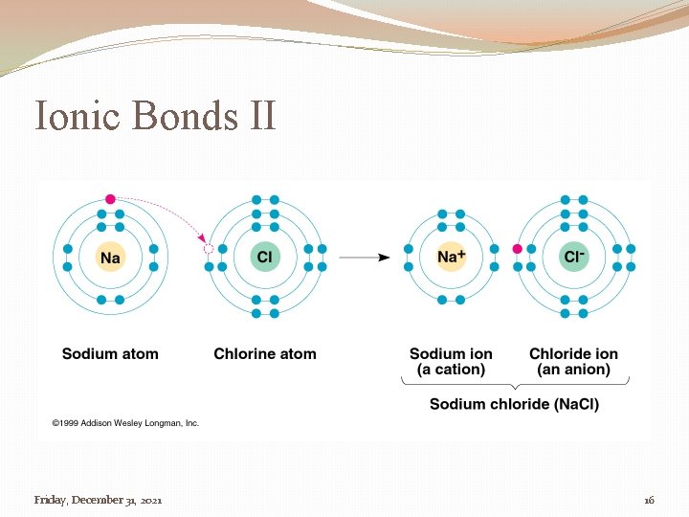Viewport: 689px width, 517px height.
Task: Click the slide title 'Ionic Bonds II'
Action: coord(155,116)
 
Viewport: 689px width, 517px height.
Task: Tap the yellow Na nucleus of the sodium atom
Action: coord(111,257)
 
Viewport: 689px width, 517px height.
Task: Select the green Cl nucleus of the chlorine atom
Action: coord(265,257)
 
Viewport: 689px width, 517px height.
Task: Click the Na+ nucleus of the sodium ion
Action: coord(451,257)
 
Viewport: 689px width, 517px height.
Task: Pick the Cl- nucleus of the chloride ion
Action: coord(574,257)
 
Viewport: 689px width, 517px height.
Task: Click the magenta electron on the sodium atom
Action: coord(111,199)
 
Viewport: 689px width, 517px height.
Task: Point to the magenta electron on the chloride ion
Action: coord(518,249)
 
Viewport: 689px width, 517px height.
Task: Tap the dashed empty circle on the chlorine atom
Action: coord(209,249)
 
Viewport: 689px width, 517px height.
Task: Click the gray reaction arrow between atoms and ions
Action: coord(365,257)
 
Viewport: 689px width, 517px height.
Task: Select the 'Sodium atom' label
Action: coord(110,353)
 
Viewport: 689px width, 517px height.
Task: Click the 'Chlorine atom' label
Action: coord(265,353)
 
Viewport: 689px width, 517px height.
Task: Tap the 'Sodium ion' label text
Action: coord(451,353)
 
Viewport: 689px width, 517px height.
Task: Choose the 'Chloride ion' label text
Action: coord(573,353)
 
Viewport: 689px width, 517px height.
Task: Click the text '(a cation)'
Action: coord(451,370)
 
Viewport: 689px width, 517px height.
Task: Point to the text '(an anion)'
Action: coord(573,370)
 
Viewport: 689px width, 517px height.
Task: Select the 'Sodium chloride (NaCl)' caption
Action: coord(514,404)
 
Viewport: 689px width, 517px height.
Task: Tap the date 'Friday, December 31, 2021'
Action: coord(98,500)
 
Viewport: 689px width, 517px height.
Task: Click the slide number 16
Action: coord(649,500)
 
